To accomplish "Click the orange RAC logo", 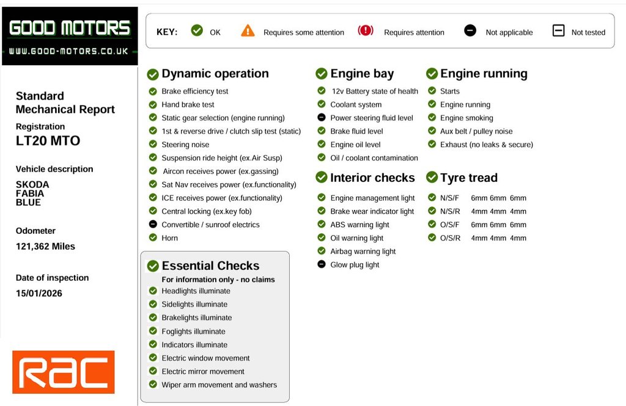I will click(x=63, y=372).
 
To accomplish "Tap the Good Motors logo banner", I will click(x=70, y=35).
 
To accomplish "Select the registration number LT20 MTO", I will click(x=48, y=141).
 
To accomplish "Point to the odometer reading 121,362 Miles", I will click(x=45, y=247).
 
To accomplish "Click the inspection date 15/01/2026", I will click(x=39, y=293).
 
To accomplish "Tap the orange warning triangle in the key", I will click(x=248, y=31).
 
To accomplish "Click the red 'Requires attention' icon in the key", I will click(x=366, y=31).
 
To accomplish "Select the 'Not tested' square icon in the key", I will click(x=558, y=31).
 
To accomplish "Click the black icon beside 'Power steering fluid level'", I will click(x=322, y=117).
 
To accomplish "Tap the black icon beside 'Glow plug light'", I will click(x=322, y=264).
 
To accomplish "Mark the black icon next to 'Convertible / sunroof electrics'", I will click(x=153, y=224).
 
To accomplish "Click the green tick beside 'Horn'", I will click(x=153, y=237).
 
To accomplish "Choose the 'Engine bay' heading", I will click(x=362, y=74).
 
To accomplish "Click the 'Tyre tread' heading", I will click(x=469, y=178).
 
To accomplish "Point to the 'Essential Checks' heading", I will click(x=210, y=266).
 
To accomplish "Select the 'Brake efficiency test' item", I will click(x=194, y=91).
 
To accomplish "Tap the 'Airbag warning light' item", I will click(x=363, y=251).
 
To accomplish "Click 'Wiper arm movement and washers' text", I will click(x=219, y=385).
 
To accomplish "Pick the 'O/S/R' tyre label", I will click(x=450, y=237).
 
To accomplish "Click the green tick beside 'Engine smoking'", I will click(x=432, y=117).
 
